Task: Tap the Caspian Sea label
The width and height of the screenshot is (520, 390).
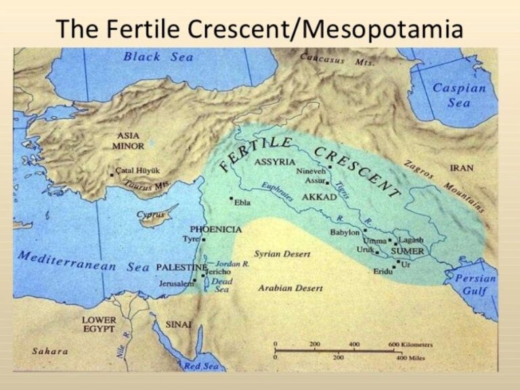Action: pyautogui.click(x=459, y=95)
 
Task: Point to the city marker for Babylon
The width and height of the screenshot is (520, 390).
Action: pyautogui.click(x=365, y=230)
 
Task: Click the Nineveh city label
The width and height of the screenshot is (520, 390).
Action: pyautogui.click(x=310, y=171)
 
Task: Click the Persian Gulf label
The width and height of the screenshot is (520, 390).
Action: pyautogui.click(x=475, y=284)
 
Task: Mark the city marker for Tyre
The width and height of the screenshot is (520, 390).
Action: pyautogui.click(x=203, y=239)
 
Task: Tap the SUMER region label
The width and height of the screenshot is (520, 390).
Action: pyautogui.click(x=407, y=252)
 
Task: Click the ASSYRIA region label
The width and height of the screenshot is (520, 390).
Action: pyautogui.click(x=274, y=162)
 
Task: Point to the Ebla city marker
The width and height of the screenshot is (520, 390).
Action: pyautogui.click(x=232, y=199)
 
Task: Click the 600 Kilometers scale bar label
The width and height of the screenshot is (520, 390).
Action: pyautogui.click(x=410, y=344)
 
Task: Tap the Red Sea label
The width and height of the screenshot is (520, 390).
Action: pyautogui.click(x=202, y=366)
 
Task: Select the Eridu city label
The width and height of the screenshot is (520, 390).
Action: pyautogui.click(x=383, y=271)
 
